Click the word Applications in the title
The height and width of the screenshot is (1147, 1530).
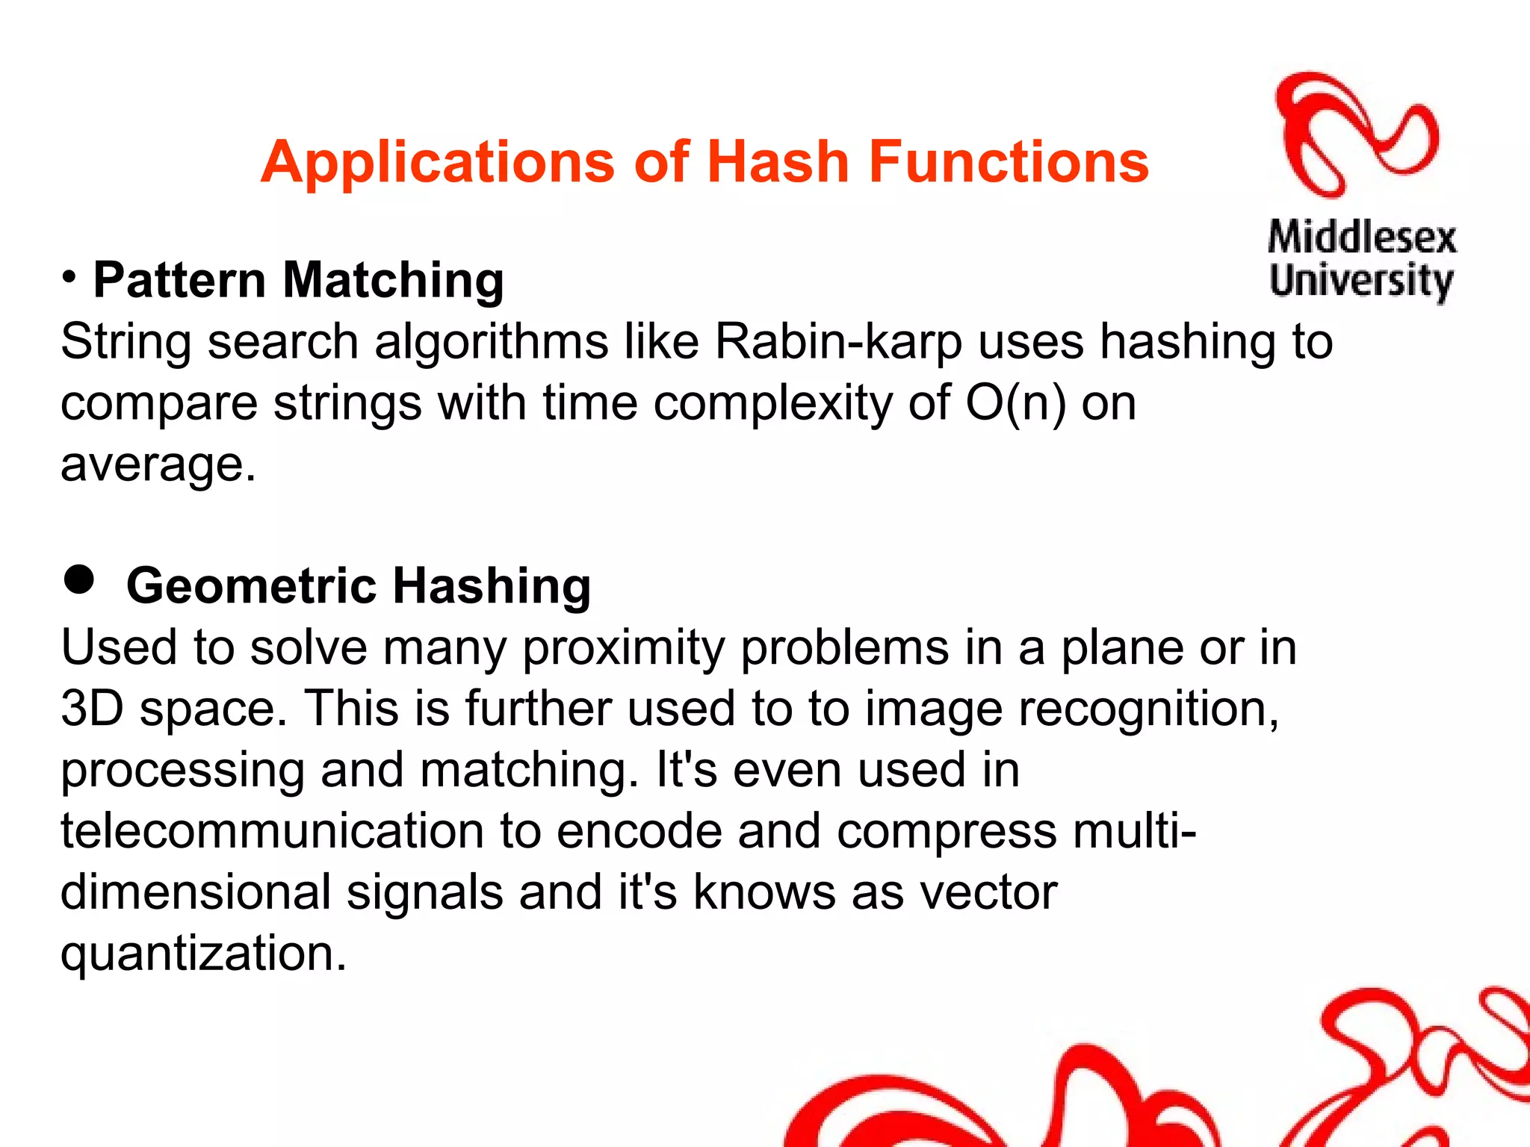tap(437, 162)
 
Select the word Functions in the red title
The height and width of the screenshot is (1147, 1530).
tap(1009, 162)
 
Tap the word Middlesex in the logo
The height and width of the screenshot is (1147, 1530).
tap(1362, 238)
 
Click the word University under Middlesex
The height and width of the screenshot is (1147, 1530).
tap(1361, 281)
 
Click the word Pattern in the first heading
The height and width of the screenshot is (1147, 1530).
tap(179, 280)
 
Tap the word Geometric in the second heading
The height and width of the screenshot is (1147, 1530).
tap(251, 585)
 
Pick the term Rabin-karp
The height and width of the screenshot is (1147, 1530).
tap(838, 342)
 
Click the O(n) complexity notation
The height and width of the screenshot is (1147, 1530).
tap(1016, 403)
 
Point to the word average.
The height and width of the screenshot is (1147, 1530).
tap(158, 464)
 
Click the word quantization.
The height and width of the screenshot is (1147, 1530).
tap(202, 954)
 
